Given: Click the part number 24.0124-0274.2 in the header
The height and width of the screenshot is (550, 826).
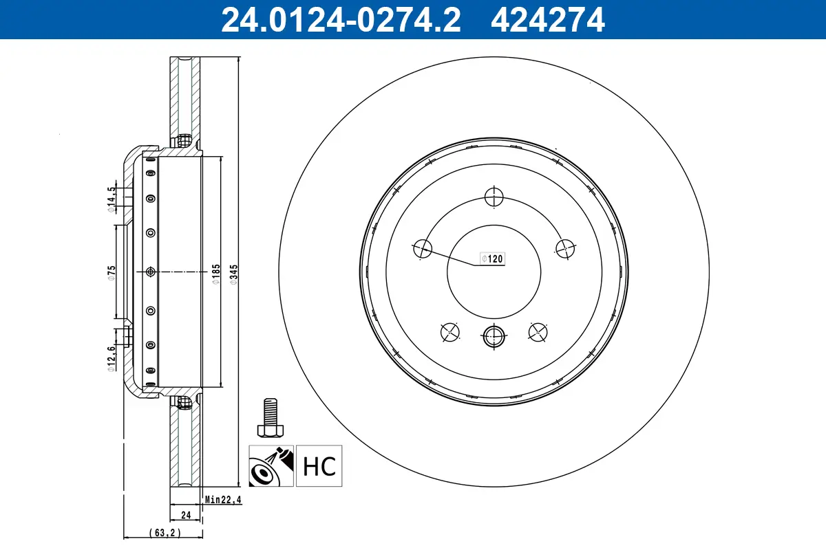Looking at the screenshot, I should pyautogui.click(x=340, y=19).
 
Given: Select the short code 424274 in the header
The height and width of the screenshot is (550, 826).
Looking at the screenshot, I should pyautogui.click(x=547, y=19).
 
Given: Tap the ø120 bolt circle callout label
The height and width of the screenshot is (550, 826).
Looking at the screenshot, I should pyautogui.click(x=493, y=259).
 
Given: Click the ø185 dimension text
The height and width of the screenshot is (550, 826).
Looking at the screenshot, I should pyautogui.click(x=215, y=272).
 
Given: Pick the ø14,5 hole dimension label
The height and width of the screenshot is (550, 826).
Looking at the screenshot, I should pyautogui.click(x=111, y=199).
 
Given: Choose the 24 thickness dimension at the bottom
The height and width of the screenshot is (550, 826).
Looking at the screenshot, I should pyautogui.click(x=185, y=514).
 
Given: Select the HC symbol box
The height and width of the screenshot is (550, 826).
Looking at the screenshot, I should pyautogui.click(x=319, y=466).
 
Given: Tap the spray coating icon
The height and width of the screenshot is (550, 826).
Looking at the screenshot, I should pyautogui.click(x=271, y=466).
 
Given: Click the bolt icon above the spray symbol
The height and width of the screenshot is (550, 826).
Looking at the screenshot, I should pyautogui.click(x=271, y=417).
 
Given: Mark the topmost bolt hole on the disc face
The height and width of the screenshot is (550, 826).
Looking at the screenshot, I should pyautogui.click(x=494, y=197).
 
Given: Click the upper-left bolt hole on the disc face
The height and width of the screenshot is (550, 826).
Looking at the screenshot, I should pyautogui.click(x=421, y=249).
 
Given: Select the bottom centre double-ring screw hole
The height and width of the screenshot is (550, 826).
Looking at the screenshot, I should pyautogui.click(x=494, y=335).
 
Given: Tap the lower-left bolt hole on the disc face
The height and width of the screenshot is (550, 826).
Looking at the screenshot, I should pyautogui.click(x=449, y=331).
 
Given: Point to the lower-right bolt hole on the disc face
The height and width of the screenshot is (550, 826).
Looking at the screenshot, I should pyautogui.click(x=538, y=331).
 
